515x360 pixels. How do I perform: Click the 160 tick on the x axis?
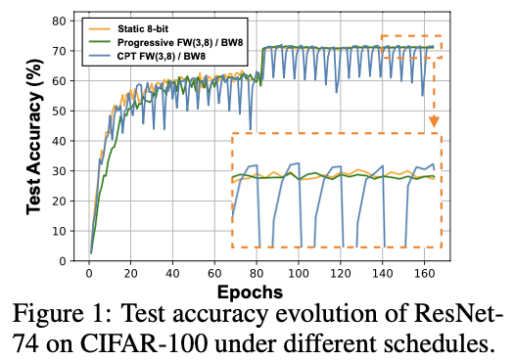tap(424, 273)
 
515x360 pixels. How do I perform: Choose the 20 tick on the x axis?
tap(130, 273)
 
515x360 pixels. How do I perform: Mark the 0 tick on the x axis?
tap(88, 273)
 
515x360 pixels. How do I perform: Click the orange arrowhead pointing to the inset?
tap(434, 122)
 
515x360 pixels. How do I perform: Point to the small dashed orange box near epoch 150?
tap(411, 47)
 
